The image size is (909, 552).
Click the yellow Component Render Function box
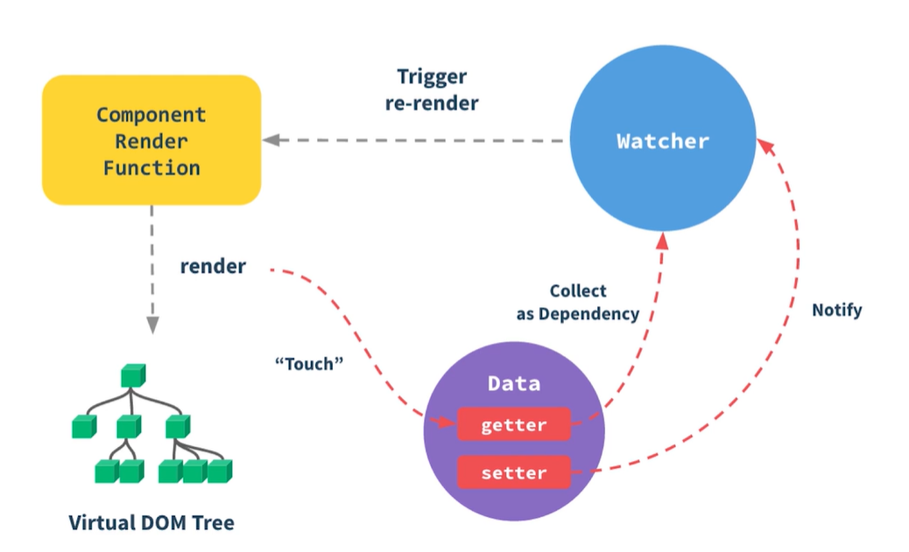coord(151,140)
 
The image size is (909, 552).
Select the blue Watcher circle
coord(663,141)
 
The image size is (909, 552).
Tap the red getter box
coord(513,425)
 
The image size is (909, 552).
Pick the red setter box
coord(513,472)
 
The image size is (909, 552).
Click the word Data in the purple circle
coord(514,383)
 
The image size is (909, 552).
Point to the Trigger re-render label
coord(432,89)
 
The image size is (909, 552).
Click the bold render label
coord(213,266)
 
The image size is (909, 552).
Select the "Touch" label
coord(305,363)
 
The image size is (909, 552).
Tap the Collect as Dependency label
coord(577,302)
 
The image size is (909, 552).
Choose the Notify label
coord(836,310)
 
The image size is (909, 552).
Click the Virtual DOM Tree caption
coord(151,522)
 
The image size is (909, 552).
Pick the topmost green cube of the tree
coord(132,375)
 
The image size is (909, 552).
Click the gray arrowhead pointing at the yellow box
coord(271,140)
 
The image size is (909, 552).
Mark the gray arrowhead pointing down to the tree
coord(152,325)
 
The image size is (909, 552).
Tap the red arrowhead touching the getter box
coord(447,423)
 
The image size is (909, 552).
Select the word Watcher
coord(663,141)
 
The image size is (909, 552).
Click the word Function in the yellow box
coord(151,167)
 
